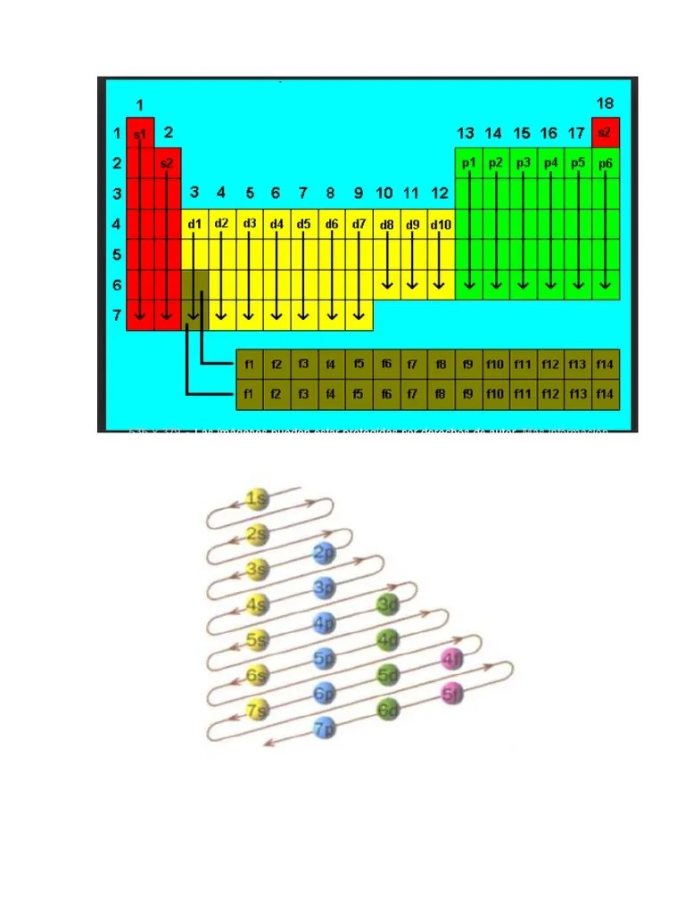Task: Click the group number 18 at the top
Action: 605,103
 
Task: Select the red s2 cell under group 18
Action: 605,133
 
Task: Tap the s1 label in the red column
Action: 140,134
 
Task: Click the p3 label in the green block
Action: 524,163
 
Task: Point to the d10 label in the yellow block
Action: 441,225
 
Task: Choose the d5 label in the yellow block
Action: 304,224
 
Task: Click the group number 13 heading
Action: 466,133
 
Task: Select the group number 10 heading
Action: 384,193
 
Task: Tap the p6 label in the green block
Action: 606,163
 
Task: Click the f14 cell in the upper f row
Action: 605,364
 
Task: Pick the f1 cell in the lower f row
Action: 249,393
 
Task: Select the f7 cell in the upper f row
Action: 413,364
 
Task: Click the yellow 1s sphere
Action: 257,499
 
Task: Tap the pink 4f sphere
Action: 452,660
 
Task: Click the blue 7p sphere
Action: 324,728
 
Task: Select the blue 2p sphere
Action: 324,555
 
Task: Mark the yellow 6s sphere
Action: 257,675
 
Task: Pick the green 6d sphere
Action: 387,711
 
